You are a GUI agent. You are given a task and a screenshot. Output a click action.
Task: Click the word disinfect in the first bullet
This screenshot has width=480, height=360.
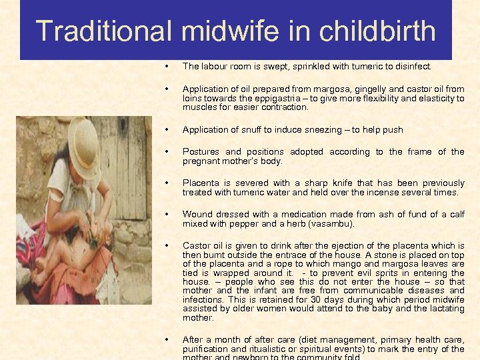[415, 67]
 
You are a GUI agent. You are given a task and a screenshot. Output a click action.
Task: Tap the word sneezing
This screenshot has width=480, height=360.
[315, 130]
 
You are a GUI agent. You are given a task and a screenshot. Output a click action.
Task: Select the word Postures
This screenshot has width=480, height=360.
[200, 152]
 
